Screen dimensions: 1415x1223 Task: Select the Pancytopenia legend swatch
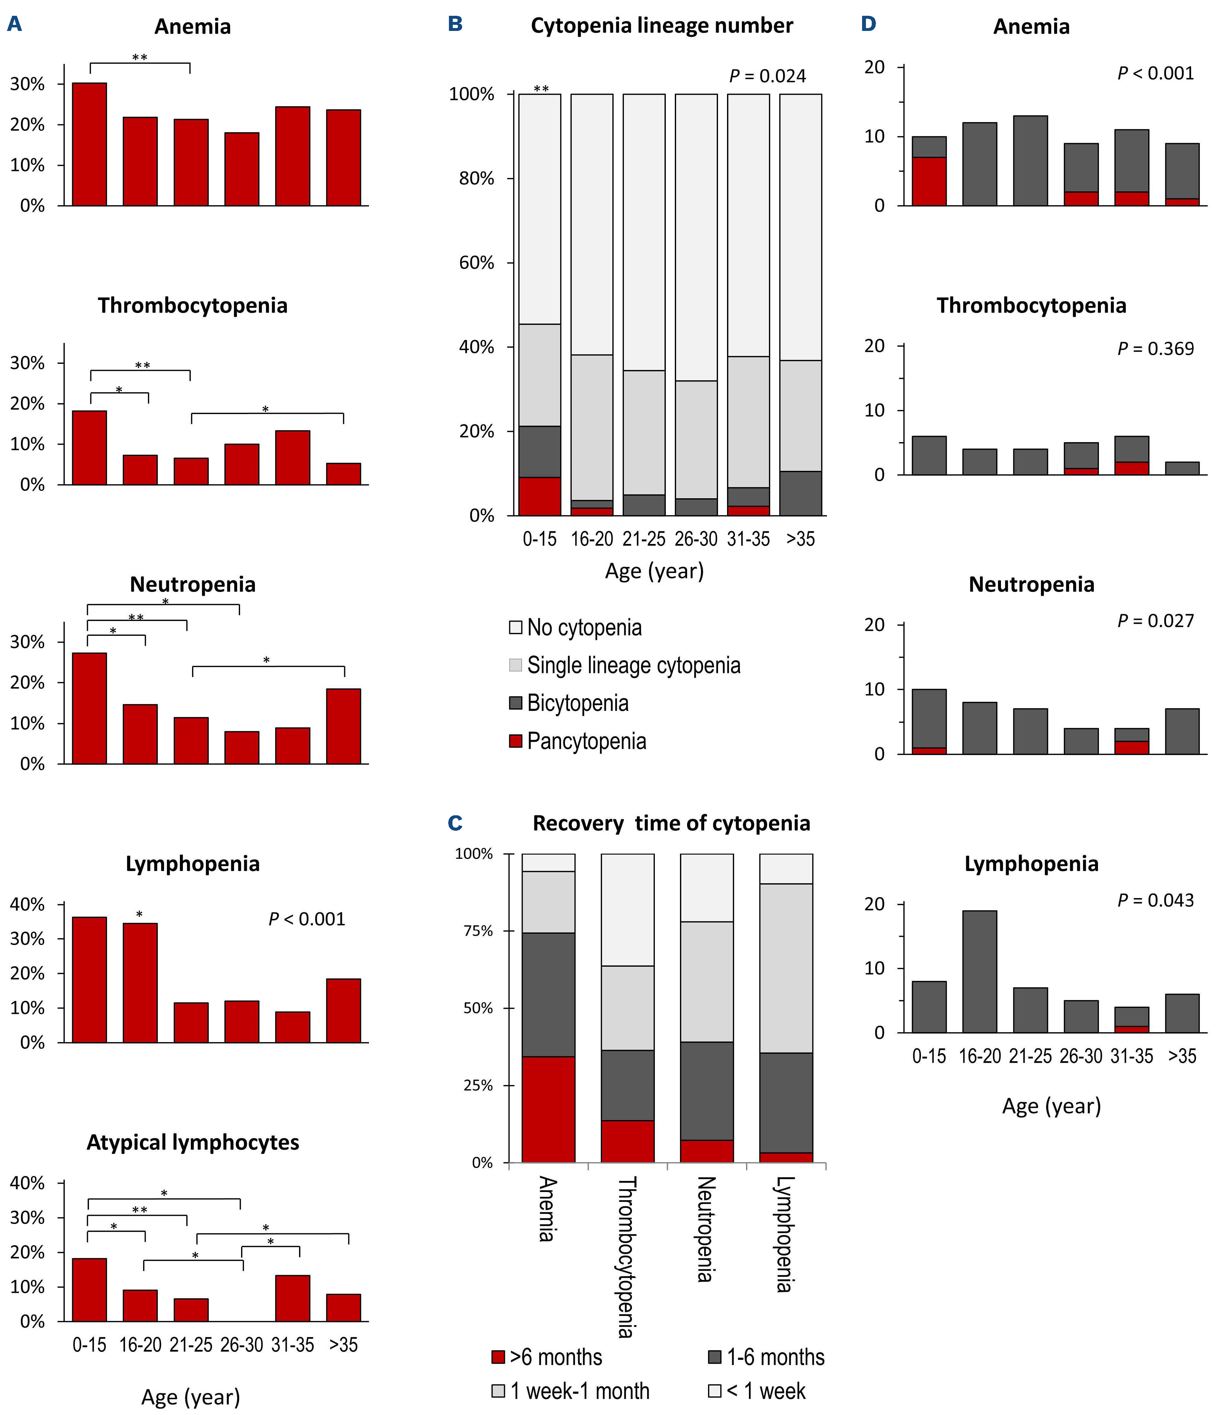pos(516,741)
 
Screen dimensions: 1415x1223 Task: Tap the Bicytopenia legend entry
pos(577,703)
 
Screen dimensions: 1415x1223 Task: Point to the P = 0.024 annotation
pos(768,76)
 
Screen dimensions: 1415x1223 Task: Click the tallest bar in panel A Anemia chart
pos(90,144)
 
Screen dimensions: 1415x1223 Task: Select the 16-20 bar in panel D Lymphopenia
pos(979,971)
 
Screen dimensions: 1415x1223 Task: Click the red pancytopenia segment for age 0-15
pos(539,497)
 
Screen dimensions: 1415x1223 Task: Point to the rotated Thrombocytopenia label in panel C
pos(627,1256)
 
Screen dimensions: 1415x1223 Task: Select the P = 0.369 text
pos(1155,349)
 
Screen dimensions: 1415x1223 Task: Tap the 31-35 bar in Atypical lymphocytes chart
pos(293,1298)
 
